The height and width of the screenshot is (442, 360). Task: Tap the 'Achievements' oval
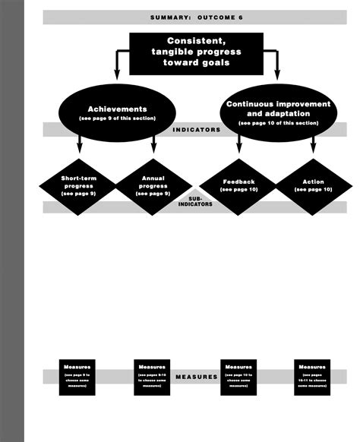[117, 113]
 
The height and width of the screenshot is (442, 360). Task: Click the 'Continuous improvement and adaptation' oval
[277, 112]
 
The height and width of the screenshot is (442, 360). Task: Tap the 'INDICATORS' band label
[197, 130]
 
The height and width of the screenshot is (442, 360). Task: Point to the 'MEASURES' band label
[197, 376]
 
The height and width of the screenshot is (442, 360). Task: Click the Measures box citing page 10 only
[238, 376]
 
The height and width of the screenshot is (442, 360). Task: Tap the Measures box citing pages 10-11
[312, 376]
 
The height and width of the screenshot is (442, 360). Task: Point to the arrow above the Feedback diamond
[238, 148]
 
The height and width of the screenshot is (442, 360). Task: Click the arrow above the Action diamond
[313, 148]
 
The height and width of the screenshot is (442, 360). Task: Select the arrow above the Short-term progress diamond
[79, 148]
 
